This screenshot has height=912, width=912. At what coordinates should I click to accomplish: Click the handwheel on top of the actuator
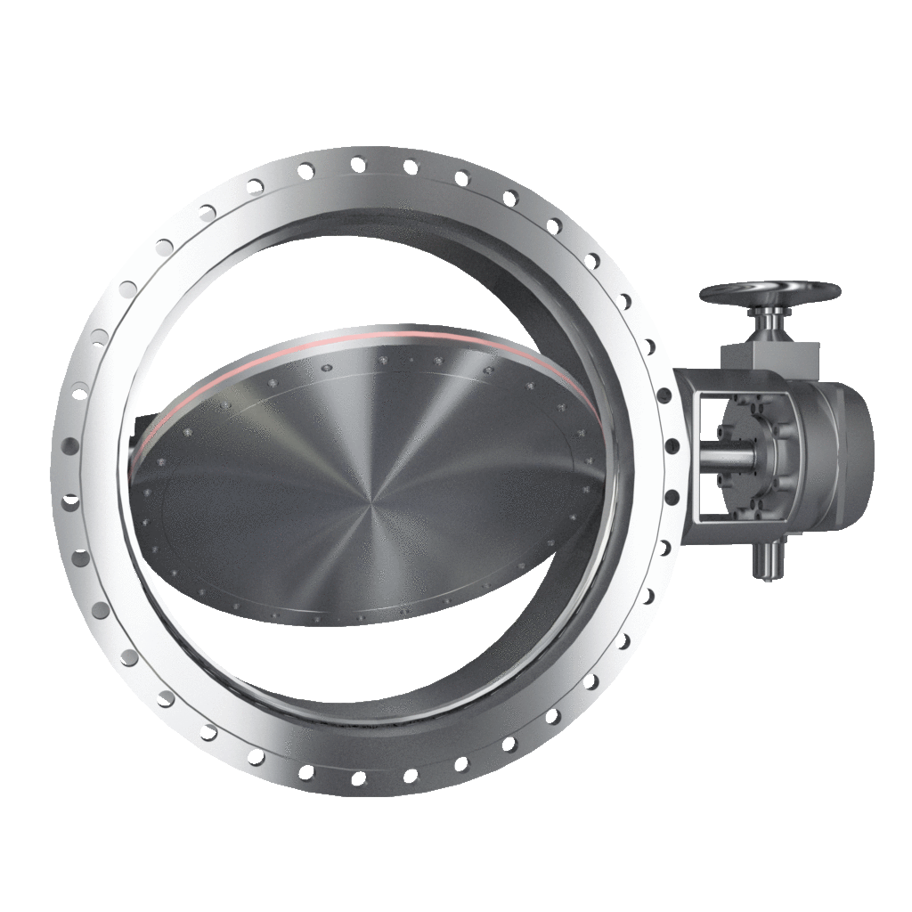[769, 293]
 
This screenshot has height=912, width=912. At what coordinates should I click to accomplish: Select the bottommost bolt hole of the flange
[357, 778]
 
